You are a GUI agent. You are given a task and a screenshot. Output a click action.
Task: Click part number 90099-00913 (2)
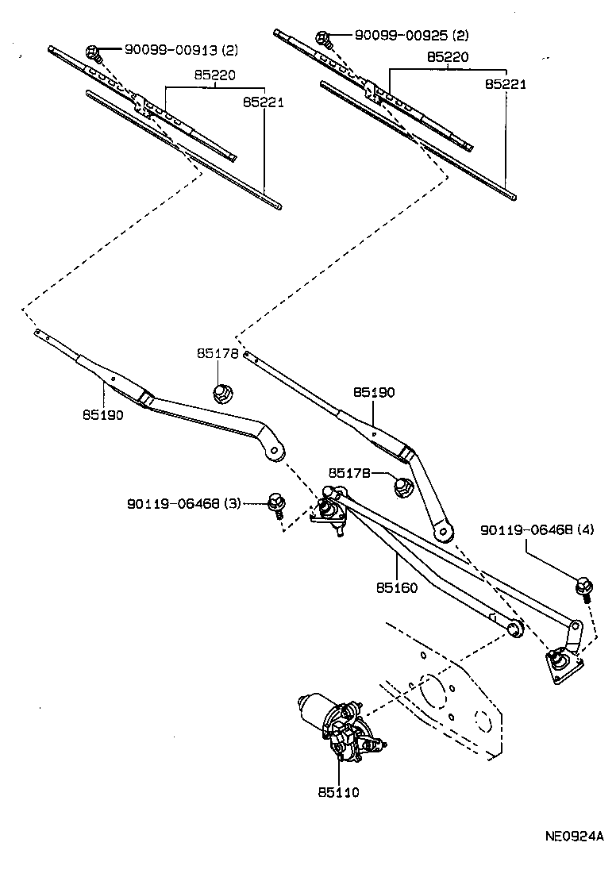point(181,50)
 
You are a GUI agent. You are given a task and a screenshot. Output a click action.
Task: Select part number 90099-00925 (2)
point(411,36)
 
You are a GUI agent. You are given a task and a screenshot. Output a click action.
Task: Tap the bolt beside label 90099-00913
point(94,52)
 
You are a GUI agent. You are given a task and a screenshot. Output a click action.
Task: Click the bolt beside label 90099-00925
point(324,37)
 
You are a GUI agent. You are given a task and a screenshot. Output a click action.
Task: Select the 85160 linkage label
point(398,589)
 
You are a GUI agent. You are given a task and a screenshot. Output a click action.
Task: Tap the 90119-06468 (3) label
point(183,503)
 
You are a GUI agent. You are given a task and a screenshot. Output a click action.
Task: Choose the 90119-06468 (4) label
point(536,529)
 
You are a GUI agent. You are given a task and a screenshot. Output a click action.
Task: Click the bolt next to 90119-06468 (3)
point(275,503)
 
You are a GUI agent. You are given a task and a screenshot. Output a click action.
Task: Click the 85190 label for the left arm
point(102,414)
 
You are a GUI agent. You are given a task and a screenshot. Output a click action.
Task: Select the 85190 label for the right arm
point(374,392)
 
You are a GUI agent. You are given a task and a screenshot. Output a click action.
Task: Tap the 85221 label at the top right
point(505,83)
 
